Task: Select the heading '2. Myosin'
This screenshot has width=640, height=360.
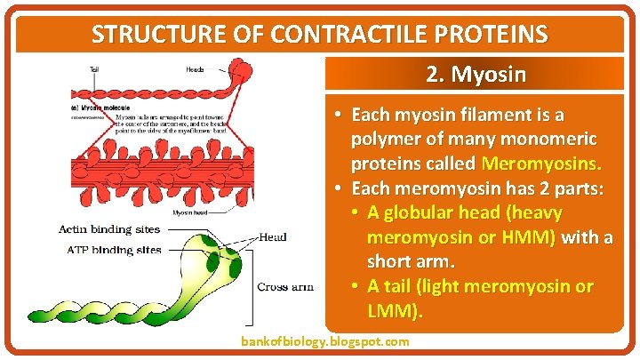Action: click(x=476, y=74)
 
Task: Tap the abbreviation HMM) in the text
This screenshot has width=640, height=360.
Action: click(x=532, y=238)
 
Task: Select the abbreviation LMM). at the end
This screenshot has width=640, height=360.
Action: click(x=396, y=312)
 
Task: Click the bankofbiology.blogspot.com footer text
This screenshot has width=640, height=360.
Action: click(x=325, y=341)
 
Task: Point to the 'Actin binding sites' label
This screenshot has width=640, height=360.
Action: click(x=109, y=230)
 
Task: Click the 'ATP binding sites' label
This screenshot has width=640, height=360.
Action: click(x=114, y=250)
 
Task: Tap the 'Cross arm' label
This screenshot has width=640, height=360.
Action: click(x=284, y=286)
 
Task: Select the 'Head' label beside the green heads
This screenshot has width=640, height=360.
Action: click(x=273, y=237)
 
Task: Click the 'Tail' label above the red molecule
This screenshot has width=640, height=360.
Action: click(x=93, y=69)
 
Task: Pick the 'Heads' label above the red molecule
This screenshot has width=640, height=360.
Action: click(x=195, y=69)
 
